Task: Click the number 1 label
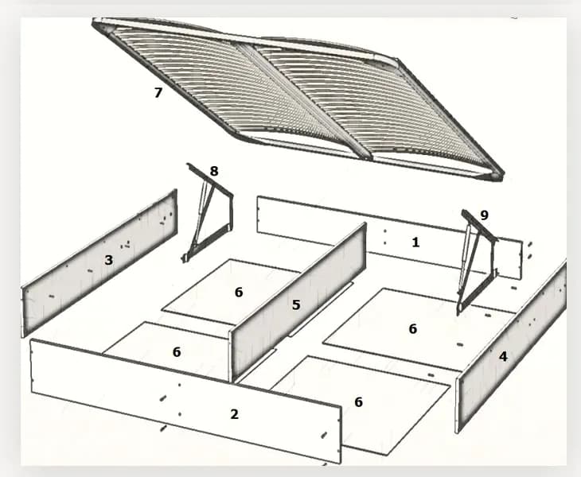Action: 415,242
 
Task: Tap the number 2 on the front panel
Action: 234,414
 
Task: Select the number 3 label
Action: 108,260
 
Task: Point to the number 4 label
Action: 503,356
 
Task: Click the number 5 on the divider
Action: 296,304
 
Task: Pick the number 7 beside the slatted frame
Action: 158,92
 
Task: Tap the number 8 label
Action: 214,171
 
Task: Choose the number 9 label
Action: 484,215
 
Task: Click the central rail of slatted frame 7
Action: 304,102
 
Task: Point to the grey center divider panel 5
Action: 298,301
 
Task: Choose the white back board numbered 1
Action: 389,237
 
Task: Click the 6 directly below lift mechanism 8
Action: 239,292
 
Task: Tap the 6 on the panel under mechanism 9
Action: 413,328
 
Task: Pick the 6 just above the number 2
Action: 177,352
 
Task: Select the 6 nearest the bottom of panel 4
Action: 358,402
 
